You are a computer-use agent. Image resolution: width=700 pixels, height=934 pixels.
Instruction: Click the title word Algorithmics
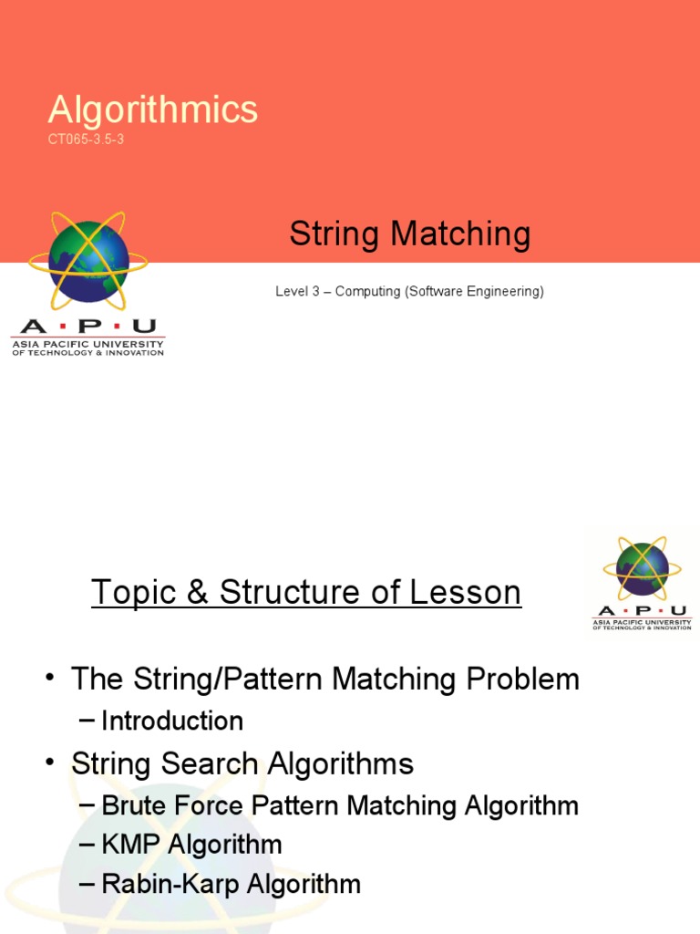[x=153, y=110]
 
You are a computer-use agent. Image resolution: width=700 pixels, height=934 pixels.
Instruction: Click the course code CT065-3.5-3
[x=86, y=140]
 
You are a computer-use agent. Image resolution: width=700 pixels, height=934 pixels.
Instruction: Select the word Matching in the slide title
[x=460, y=234]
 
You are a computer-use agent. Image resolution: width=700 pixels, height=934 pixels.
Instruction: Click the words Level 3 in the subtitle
[x=296, y=292]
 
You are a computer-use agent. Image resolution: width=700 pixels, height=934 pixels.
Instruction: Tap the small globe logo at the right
[x=642, y=567]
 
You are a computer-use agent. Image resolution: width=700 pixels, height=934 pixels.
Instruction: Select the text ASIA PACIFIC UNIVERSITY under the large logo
[x=87, y=343]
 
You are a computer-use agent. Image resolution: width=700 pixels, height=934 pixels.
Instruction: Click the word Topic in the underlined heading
[x=133, y=593]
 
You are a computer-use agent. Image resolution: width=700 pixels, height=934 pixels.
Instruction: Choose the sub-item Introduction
[x=172, y=721]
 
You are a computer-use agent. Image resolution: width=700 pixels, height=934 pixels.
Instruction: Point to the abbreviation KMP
[x=129, y=845]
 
